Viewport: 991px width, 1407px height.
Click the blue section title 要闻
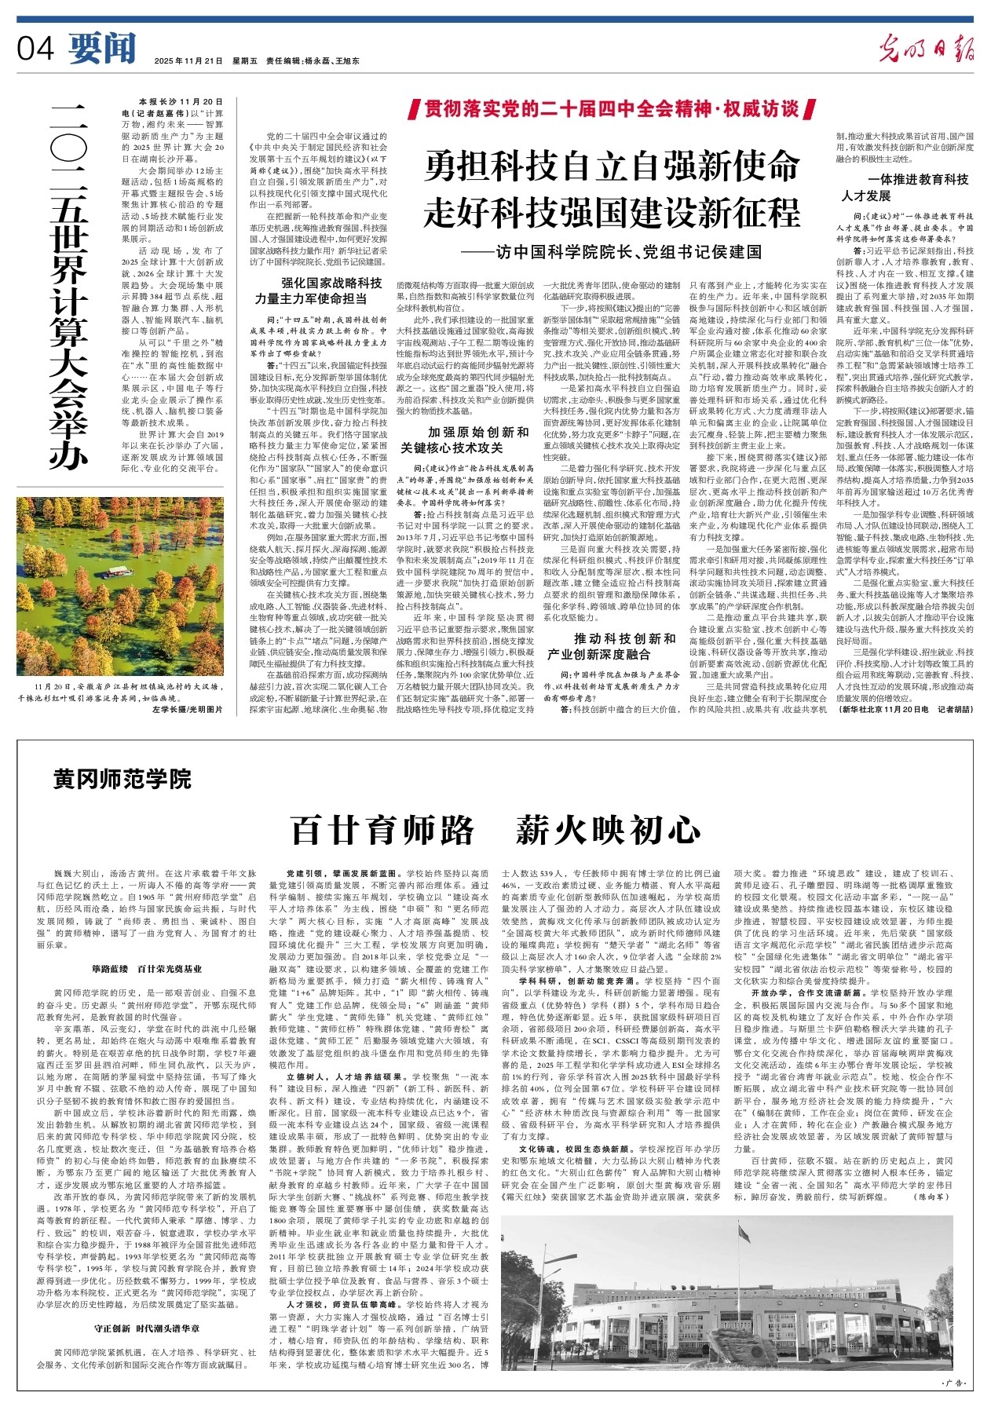point(101,49)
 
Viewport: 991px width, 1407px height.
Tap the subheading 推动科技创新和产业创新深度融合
point(612,645)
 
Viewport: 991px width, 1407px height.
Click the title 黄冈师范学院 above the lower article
point(123,779)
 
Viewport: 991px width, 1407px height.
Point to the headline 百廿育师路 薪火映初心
point(495,829)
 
